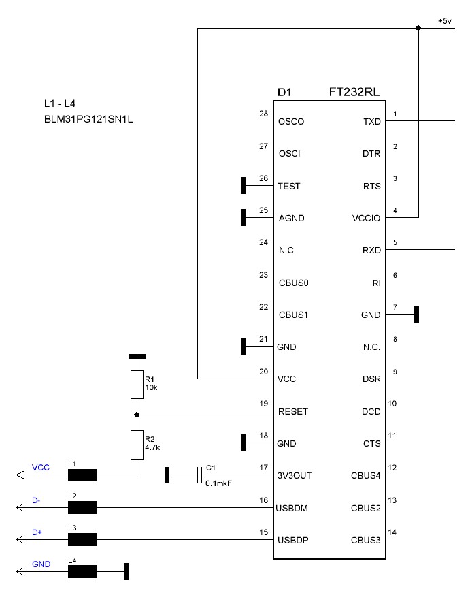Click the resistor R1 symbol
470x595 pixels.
point(137,385)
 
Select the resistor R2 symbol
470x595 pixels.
point(137,444)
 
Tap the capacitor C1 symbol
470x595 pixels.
point(198,475)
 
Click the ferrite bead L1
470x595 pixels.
point(82,475)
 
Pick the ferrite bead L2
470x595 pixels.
point(82,507)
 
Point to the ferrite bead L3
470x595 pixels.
point(82,540)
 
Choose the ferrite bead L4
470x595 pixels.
point(82,572)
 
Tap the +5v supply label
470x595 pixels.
point(443,21)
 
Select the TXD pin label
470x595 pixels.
point(373,122)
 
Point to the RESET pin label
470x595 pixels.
point(293,411)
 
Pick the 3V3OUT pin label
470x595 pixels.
point(295,475)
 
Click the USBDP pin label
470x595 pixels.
point(294,541)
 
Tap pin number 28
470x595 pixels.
point(263,114)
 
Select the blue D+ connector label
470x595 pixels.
point(37,533)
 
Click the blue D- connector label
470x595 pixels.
point(36,501)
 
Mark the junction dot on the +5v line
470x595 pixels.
point(418,28)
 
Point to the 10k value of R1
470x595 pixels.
point(151,387)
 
